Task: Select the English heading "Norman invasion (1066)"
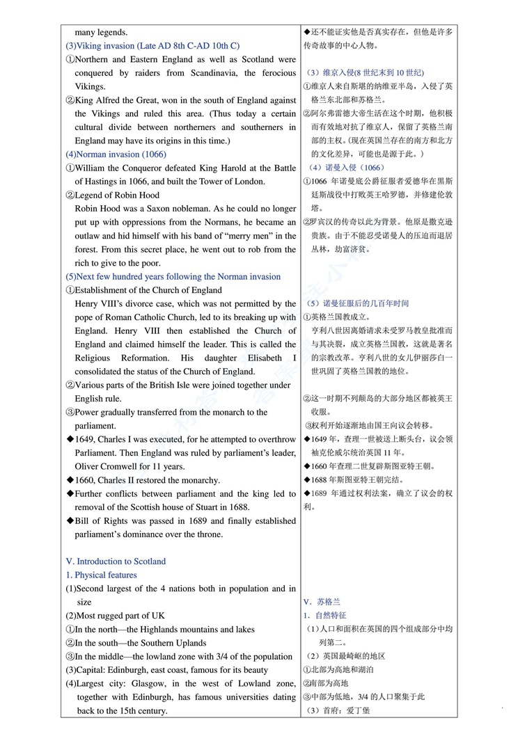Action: [116, 154]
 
